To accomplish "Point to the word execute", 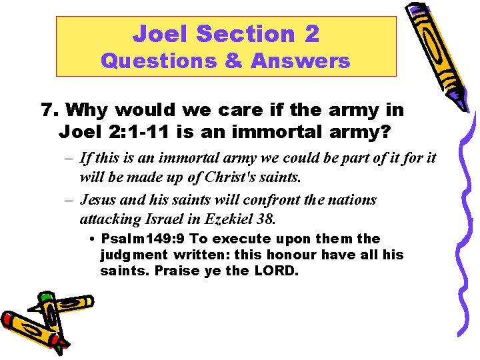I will coord(235,239).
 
